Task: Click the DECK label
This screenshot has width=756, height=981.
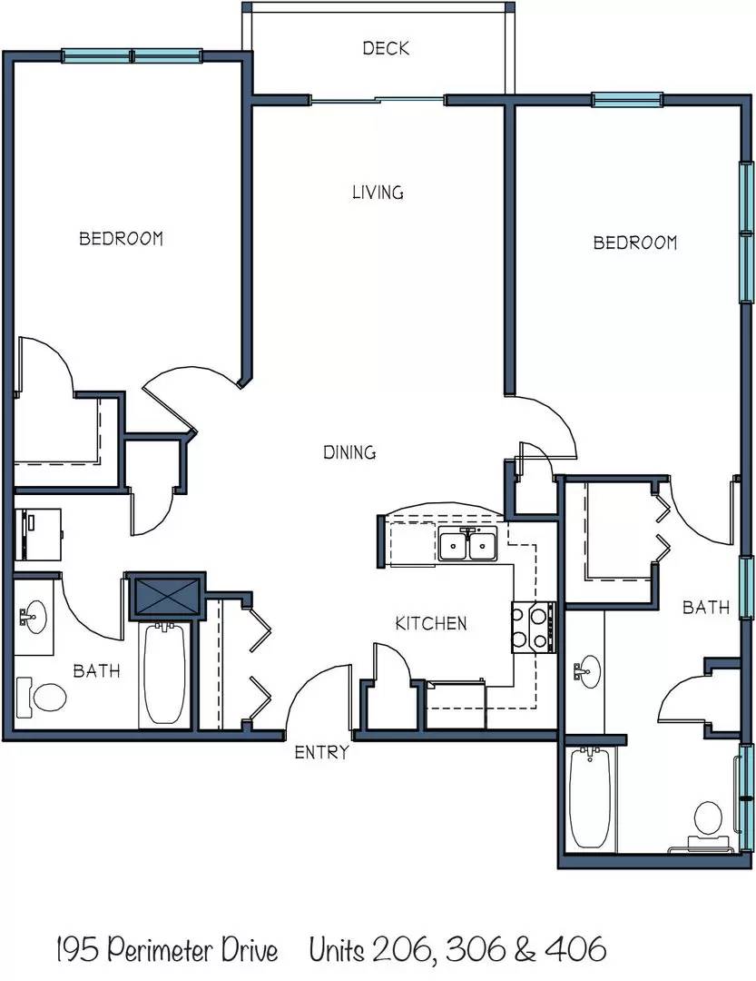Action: click(x=386, y=48)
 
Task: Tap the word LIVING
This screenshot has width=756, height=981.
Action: click(x=378, y=192)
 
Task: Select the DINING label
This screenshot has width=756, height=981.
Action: click(x=349, y=451)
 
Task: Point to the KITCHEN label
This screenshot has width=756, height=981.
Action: click(x=431, y=623)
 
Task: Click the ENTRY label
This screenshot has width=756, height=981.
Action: click(x=321, y=752)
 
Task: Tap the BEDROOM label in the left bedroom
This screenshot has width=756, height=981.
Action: click(x=122, y=238)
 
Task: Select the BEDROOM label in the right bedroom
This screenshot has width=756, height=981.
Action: click(x=635, y=243)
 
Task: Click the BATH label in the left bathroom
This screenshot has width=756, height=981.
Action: click(x=96, y=670)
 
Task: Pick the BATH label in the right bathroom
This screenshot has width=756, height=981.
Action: click(x=706, y=607)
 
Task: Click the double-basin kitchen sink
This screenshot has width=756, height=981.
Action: click(x=467, y=544)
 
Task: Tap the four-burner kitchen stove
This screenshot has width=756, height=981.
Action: click(x=534, y=627)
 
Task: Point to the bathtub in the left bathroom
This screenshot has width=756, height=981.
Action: click(x=164, y=673)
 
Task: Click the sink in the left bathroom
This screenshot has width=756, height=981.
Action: click(x=33, y=617)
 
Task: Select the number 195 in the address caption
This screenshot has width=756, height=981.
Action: click(x=77, y=950)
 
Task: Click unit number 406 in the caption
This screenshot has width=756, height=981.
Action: click(x=575, y=949)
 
